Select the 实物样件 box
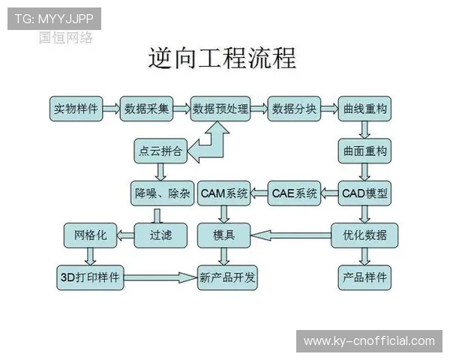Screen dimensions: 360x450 tap(76, 109)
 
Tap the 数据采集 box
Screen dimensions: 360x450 tap(147, 109)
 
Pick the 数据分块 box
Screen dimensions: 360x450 tap(294, 109)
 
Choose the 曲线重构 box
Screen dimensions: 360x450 tap(364, 109)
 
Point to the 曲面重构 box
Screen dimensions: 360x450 tap(364, 151)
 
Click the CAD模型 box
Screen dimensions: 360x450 tap(364, 193)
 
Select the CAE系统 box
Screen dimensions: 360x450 tap(295, 193)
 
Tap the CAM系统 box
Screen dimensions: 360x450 tap(224, 193)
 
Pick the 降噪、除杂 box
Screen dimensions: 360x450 tap(160, 193)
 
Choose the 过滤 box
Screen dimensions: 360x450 tap(160, 235)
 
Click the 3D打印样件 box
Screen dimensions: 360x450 tap(90, 277)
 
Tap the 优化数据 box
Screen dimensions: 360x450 tap(364, 235)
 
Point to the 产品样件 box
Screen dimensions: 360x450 tap(364, 277)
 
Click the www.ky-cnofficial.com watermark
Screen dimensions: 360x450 tap(368, 341)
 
